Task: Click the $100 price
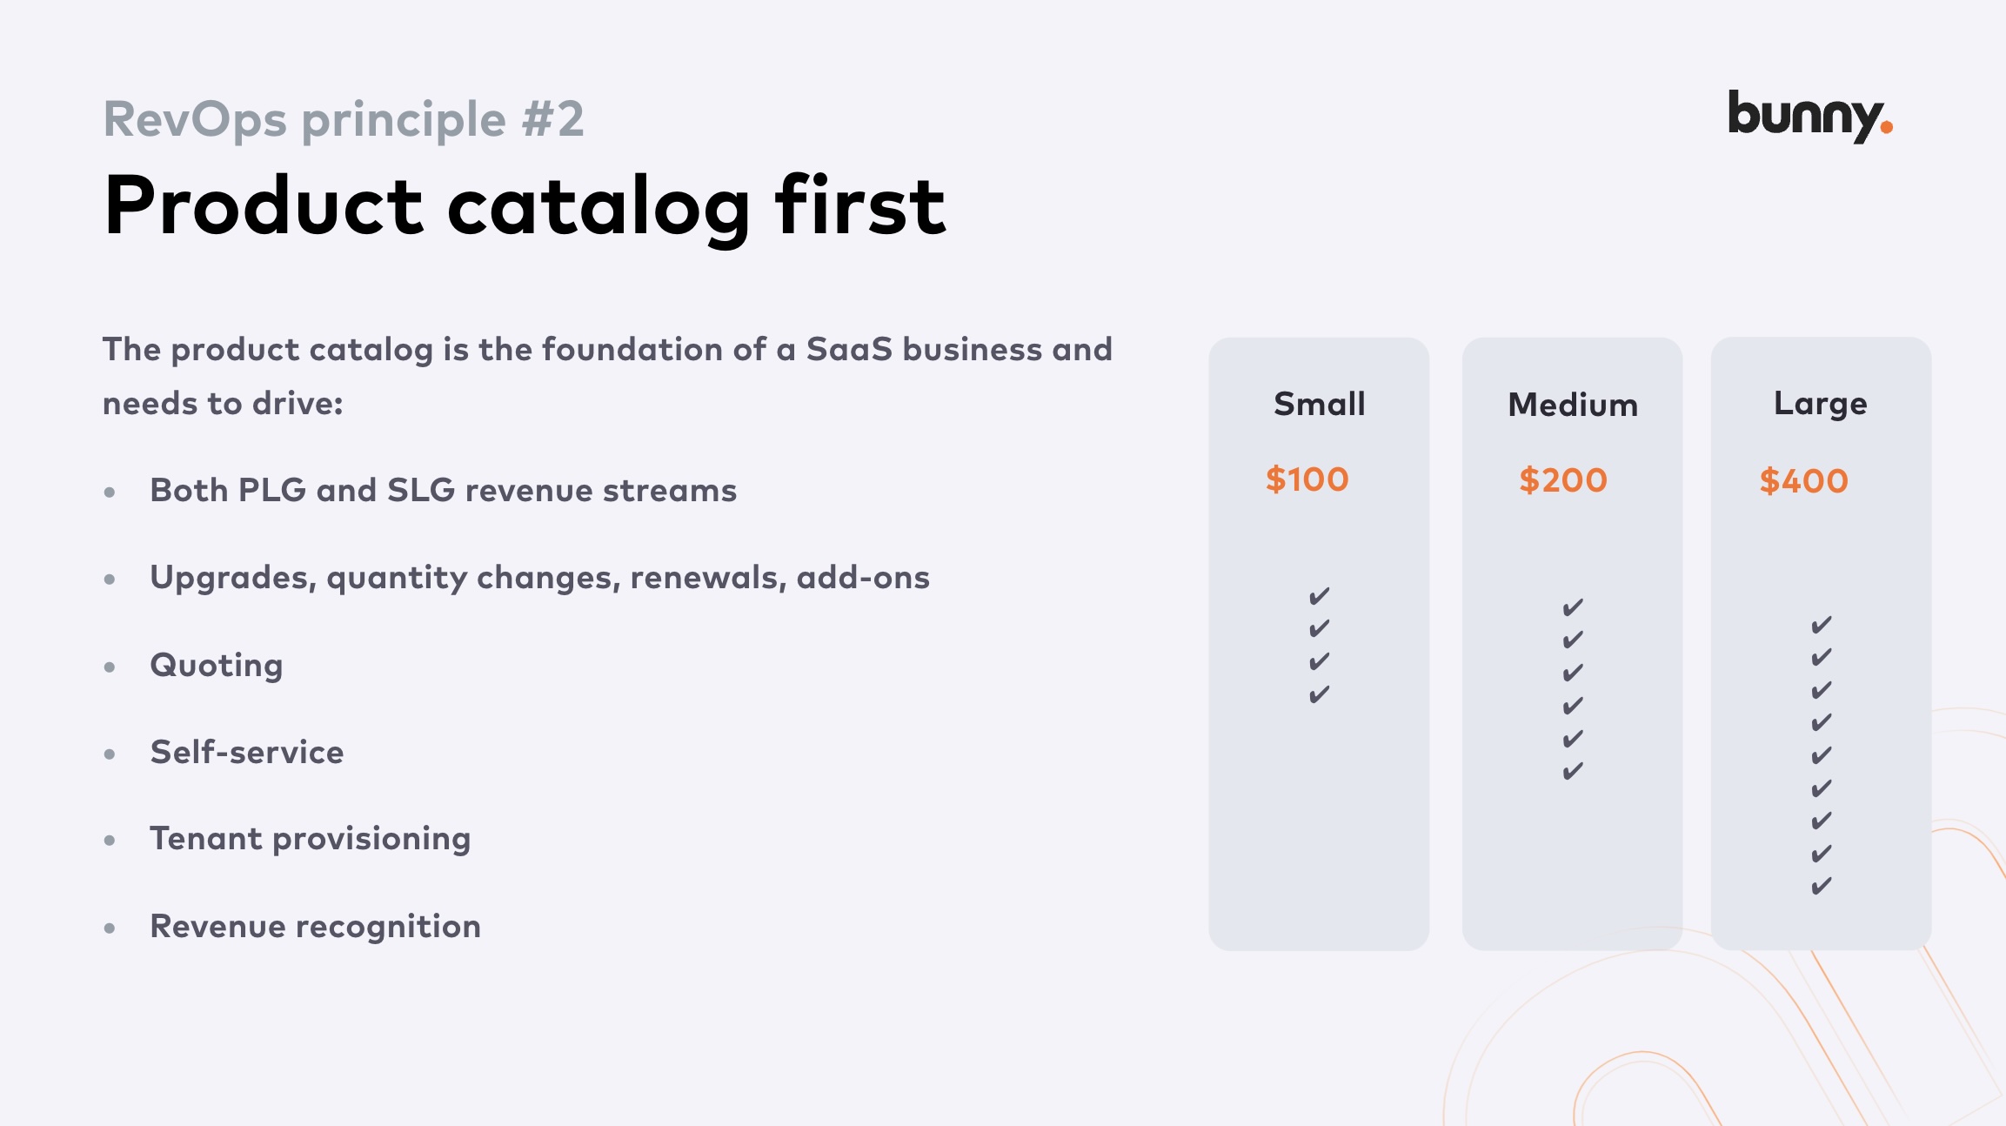tap(1307, 479)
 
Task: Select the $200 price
tap(1562, 480)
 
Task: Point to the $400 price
tap(1803, 481)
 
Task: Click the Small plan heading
tap(1319, 404)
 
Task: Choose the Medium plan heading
tap(1573, 405)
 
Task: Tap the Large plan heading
tap(1821, 404)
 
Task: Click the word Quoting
tap(217, 666)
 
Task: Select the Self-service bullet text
tap(247, 752)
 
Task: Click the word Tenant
tap(205, 838)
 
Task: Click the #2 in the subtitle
tap(553, 119)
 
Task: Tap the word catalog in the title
tap(598, 207)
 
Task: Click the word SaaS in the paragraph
tap(849, 349)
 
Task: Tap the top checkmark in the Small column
tap(1319, 596)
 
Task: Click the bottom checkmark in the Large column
tap(1821, 887)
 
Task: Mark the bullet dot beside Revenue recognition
tap(110, 928)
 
